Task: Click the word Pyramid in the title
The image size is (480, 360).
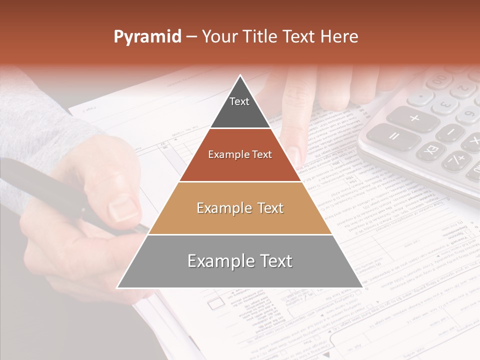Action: click(147, 37)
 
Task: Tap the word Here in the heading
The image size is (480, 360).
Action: click(340, 37)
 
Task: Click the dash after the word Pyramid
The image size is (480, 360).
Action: click(191, 37)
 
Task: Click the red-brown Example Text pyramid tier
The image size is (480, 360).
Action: click(240, 155)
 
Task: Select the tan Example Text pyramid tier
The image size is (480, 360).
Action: click(240, 208)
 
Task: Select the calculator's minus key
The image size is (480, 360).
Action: click(450, 132)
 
